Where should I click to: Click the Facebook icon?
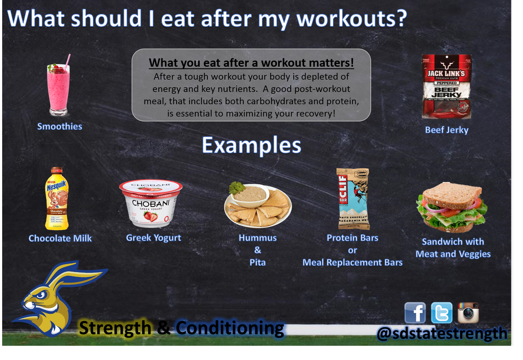click(x=415, y=313)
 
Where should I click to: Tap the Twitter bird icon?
click(x=441, y=313)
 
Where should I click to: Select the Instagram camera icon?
click(x=468, y=312)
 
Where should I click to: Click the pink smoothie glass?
click(x=58, y=87)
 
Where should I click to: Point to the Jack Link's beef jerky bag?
click(x=447, y=87)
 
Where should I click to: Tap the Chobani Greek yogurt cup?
click(x=151, y=204)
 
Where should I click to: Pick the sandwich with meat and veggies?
click(x=450, y=209)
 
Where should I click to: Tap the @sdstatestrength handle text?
click(x=442, y=333)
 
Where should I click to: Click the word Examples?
click(x=251, y=146)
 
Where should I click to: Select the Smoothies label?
click(x=60, y=126)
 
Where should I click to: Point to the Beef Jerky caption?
click(x=447, y=130)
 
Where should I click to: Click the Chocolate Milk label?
click(x=60, y=238)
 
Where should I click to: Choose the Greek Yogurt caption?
click(x=153, y=238)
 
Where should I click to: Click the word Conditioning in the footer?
click(x=230, y=328)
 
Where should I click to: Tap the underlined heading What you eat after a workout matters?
click(x=251, y=63)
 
